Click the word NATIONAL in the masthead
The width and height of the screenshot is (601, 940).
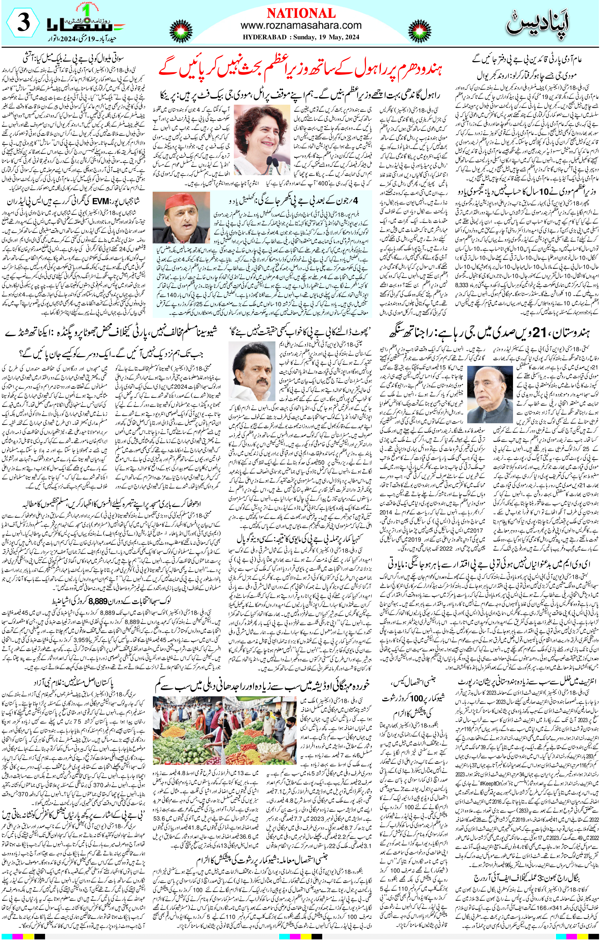[x=301, y=14]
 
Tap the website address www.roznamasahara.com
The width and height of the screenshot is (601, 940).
[x=301, y=26]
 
